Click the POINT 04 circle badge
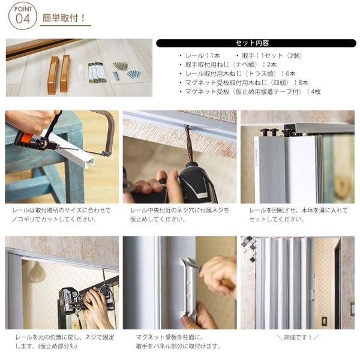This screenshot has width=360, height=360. coord(23,16)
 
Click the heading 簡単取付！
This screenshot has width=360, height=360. coord(64,18)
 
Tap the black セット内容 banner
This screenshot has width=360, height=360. coord(256,43)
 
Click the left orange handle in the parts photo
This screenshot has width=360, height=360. coord(53,75)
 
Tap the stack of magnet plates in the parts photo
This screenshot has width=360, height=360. coord(97,72)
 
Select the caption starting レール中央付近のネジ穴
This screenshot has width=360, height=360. coord(180,214)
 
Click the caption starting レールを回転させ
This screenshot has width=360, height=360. coord(298,214)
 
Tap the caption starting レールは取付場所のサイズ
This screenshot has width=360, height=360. coord(61,214)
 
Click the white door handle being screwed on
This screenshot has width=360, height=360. coord(188,286)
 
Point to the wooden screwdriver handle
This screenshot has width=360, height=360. coord(227,284)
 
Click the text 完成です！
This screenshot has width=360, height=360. coord(298,337)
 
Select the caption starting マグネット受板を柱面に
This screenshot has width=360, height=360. coord(178,341)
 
